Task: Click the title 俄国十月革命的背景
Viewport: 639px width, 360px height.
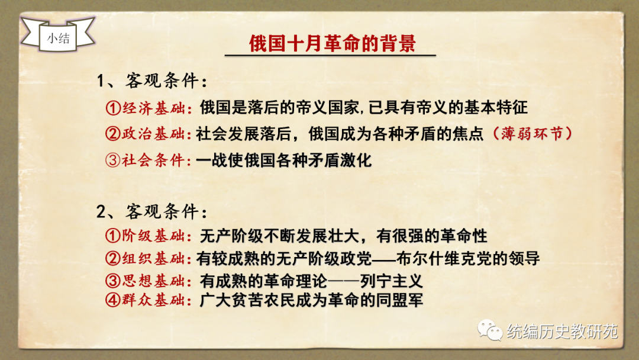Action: [x=332, y=44]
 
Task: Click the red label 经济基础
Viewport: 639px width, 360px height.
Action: [x=154, y=108]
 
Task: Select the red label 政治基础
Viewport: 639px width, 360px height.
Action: [x=154, y=134]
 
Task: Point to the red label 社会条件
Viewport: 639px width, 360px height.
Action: [x=154, y=160]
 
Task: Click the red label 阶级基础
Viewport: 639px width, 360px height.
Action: [x=154, y=236]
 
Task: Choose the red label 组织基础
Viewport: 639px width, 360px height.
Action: [x=154, y=259]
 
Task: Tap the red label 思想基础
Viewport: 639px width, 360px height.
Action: [x=154, y=281]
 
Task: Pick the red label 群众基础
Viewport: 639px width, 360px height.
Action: [x=154, y=300]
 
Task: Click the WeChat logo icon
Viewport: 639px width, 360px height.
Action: [x=490, y=330]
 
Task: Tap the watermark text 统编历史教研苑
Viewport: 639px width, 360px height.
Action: [x=563, y=332]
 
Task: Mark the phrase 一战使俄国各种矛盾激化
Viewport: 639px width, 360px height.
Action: [x=283, y=160]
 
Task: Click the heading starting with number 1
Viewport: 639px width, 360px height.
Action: [x=152, y=81]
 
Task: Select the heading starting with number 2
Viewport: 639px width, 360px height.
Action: [x=152, y=211]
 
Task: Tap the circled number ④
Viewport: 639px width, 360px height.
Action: [x=112, y=300]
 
